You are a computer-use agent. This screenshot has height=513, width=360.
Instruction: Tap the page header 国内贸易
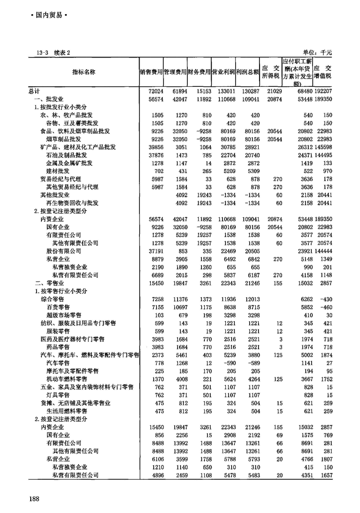point(47,15)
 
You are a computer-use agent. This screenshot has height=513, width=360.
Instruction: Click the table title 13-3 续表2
point(50,52)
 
